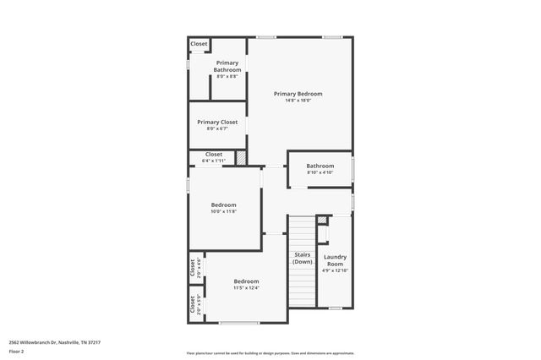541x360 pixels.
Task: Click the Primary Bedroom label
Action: (298, 94)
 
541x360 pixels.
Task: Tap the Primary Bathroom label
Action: (227, 66)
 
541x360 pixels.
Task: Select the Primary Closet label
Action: (217, 122)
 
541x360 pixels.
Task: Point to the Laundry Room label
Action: (336, 260)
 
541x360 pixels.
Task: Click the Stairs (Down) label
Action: (302, 258)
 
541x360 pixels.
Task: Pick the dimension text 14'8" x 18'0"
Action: (298, 101)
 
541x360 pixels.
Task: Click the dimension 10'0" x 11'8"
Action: (223, 211)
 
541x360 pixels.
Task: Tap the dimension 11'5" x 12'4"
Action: (246, 288)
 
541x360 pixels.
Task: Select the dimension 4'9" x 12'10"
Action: (336, 271)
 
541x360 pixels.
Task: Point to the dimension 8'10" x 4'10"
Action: (320, 172)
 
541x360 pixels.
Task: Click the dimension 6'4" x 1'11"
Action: (214, 161)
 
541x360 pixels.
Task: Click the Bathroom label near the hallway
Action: (320, 166)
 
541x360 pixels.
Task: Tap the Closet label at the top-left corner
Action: (199, 44)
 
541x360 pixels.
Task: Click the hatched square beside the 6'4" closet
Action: (241, 157)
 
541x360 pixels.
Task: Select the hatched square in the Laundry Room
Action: (322, 221)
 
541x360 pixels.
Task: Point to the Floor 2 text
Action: (17, 351)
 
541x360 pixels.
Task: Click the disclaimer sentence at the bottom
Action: (270, 353)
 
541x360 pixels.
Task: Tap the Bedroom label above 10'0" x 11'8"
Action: (223, 205)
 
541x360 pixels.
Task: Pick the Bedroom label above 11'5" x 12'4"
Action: (246, 281)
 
